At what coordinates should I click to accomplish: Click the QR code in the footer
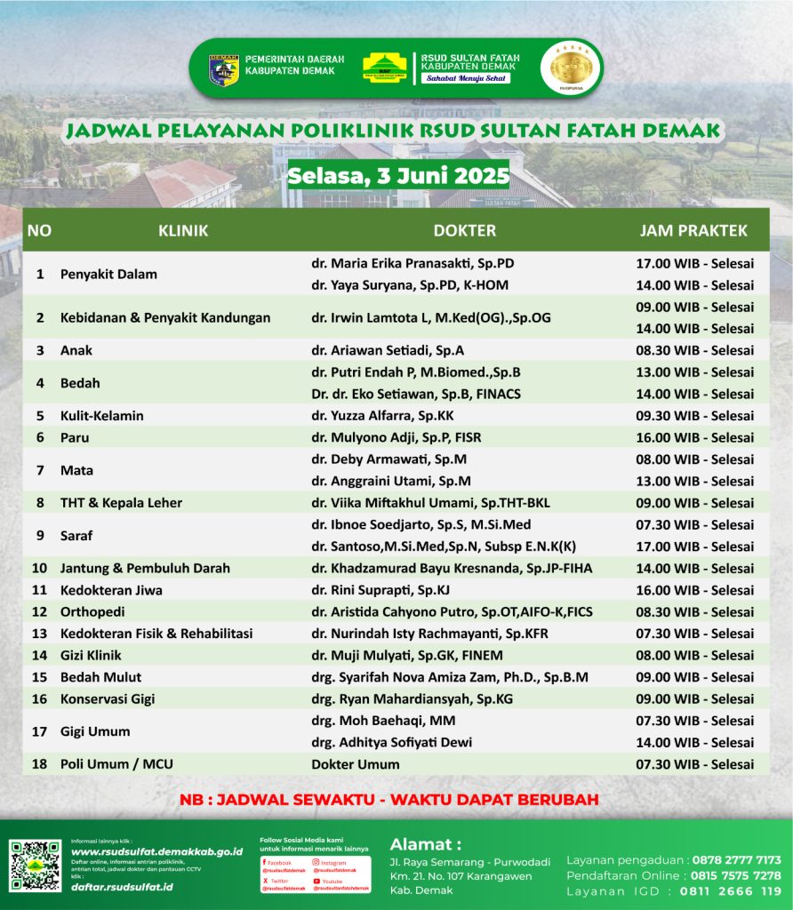pyautogui.click(x=36, y=866)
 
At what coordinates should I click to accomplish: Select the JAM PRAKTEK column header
pyautogui.click(x=693, y=231)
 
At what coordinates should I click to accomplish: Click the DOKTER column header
pyautogui.click(x=464, y=231)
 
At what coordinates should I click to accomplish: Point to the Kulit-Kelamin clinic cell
pyautogui.click(x=101, y=416)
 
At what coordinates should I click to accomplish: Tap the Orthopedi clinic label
pyautogui.click(x=92, y=611)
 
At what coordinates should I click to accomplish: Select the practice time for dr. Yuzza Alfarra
pyautogui.click(x=694, y=416)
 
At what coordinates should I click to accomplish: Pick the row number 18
pyautogui.click(x=39, y=764)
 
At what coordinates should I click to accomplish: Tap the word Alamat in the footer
pyautogui.click(x=425, y=843)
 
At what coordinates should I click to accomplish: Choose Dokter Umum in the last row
pyautogui.click(x=355, y=764)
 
